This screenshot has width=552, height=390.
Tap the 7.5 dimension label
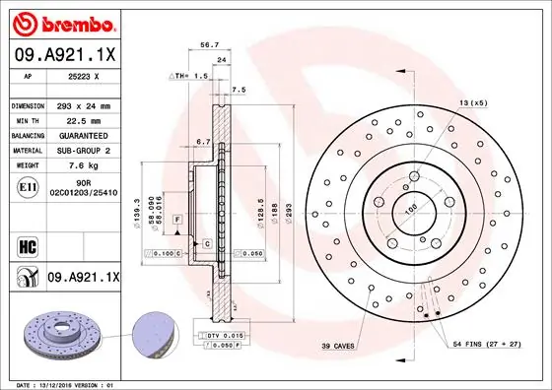coord(237,90)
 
